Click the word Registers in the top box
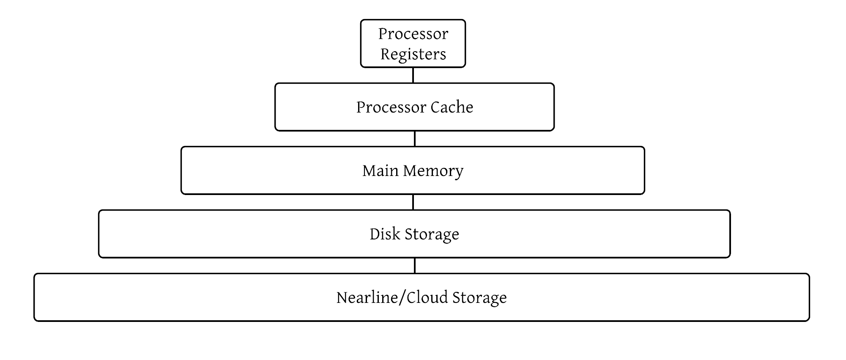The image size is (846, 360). point(413,55)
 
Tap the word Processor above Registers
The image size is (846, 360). point(413,34)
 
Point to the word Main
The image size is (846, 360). point(380,170)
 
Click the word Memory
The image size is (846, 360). point(433,171)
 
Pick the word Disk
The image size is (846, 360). point(385,234)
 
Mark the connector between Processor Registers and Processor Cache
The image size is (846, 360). point(413,75)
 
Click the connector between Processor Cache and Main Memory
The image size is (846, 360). point(415,139)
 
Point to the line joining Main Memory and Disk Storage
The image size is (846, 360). point(413,202)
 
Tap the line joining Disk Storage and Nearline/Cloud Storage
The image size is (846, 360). point(415,266)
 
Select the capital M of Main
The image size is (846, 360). point(369,170)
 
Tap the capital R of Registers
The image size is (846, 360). point(386,54)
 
